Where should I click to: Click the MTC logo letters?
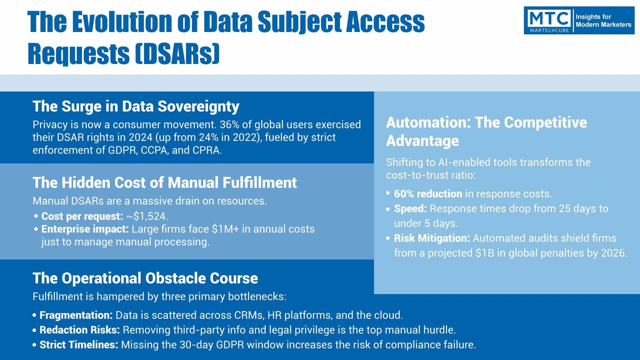[548, 19]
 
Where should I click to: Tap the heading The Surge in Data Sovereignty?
[136, 106]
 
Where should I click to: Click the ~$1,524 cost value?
[147, 216]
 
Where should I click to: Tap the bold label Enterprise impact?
[85, 229]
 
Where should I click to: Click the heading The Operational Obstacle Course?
[145, 278]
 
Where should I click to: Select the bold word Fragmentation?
[76, 315]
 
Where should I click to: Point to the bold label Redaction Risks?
[80, 330]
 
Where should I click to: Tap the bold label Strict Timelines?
[79, 345]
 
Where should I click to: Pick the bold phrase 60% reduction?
[428, 194]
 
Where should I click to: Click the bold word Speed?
[410, 209]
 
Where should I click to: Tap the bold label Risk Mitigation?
[432, 238]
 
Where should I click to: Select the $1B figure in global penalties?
[485, 253]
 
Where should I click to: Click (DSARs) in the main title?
[177, 54]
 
